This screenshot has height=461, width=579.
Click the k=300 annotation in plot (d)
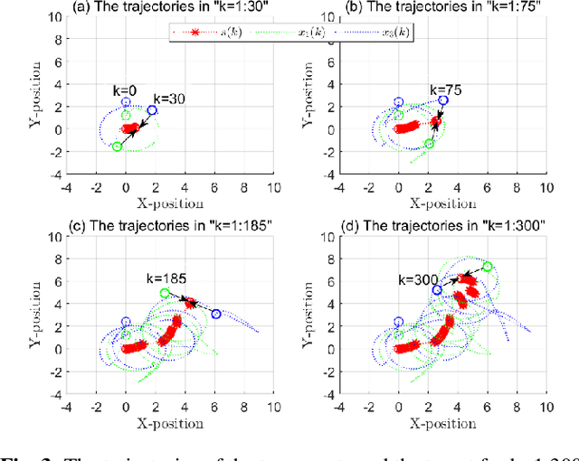[x=414, y=280]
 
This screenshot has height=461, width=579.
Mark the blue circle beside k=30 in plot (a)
[x=152, y=110]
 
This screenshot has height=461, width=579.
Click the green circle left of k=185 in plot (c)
[x=165, y=294]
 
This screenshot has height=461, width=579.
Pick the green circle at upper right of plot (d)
[x=488, y=267]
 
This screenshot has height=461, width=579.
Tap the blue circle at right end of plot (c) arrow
[x=215, y=314]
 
